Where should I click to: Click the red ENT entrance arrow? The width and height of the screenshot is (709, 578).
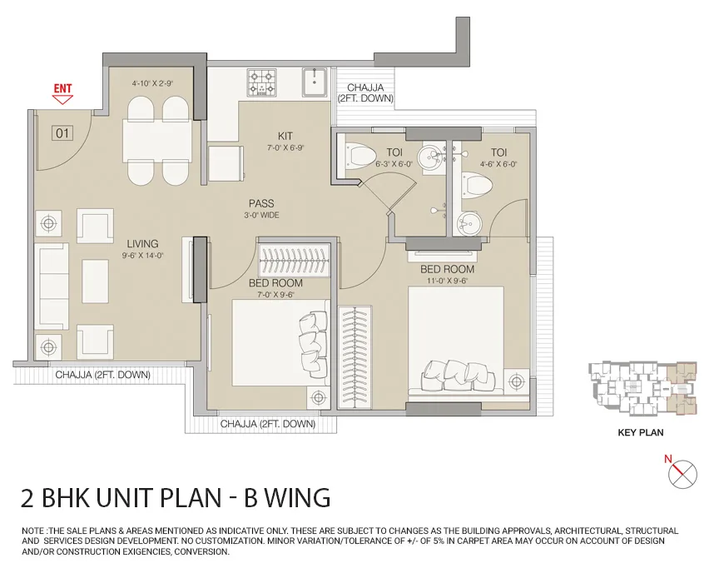[x=62, y=99]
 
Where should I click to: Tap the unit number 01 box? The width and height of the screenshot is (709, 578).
[x=63, y=133]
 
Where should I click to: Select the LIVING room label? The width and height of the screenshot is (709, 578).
[x=142, y=244]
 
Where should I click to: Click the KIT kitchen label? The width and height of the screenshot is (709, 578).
[x=285, y=136]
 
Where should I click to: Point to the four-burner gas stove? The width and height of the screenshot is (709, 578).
[x=262, y=82]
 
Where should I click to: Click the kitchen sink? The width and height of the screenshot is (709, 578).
[x=315, y=82]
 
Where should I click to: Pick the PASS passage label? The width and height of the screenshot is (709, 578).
[x=261, y=204]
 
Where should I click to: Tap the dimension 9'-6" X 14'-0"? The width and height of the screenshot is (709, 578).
[x=142, y=256]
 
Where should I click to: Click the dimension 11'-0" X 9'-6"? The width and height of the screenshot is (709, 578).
[x=447, y=281]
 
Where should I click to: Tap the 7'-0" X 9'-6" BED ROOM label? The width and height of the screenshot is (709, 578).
[x=275, y=283]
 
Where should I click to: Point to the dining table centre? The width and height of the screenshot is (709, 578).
[x=158, y=140]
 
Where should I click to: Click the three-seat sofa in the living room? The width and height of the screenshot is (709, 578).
[x=52, y=287]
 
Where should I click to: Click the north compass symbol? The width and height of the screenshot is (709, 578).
[x=682, y=474]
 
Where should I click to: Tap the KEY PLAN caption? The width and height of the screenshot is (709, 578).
[x=641, y=433]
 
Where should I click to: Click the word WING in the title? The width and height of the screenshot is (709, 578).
[x=298, y=497]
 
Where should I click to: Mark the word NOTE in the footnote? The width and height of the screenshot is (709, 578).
[x=32, y=531]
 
